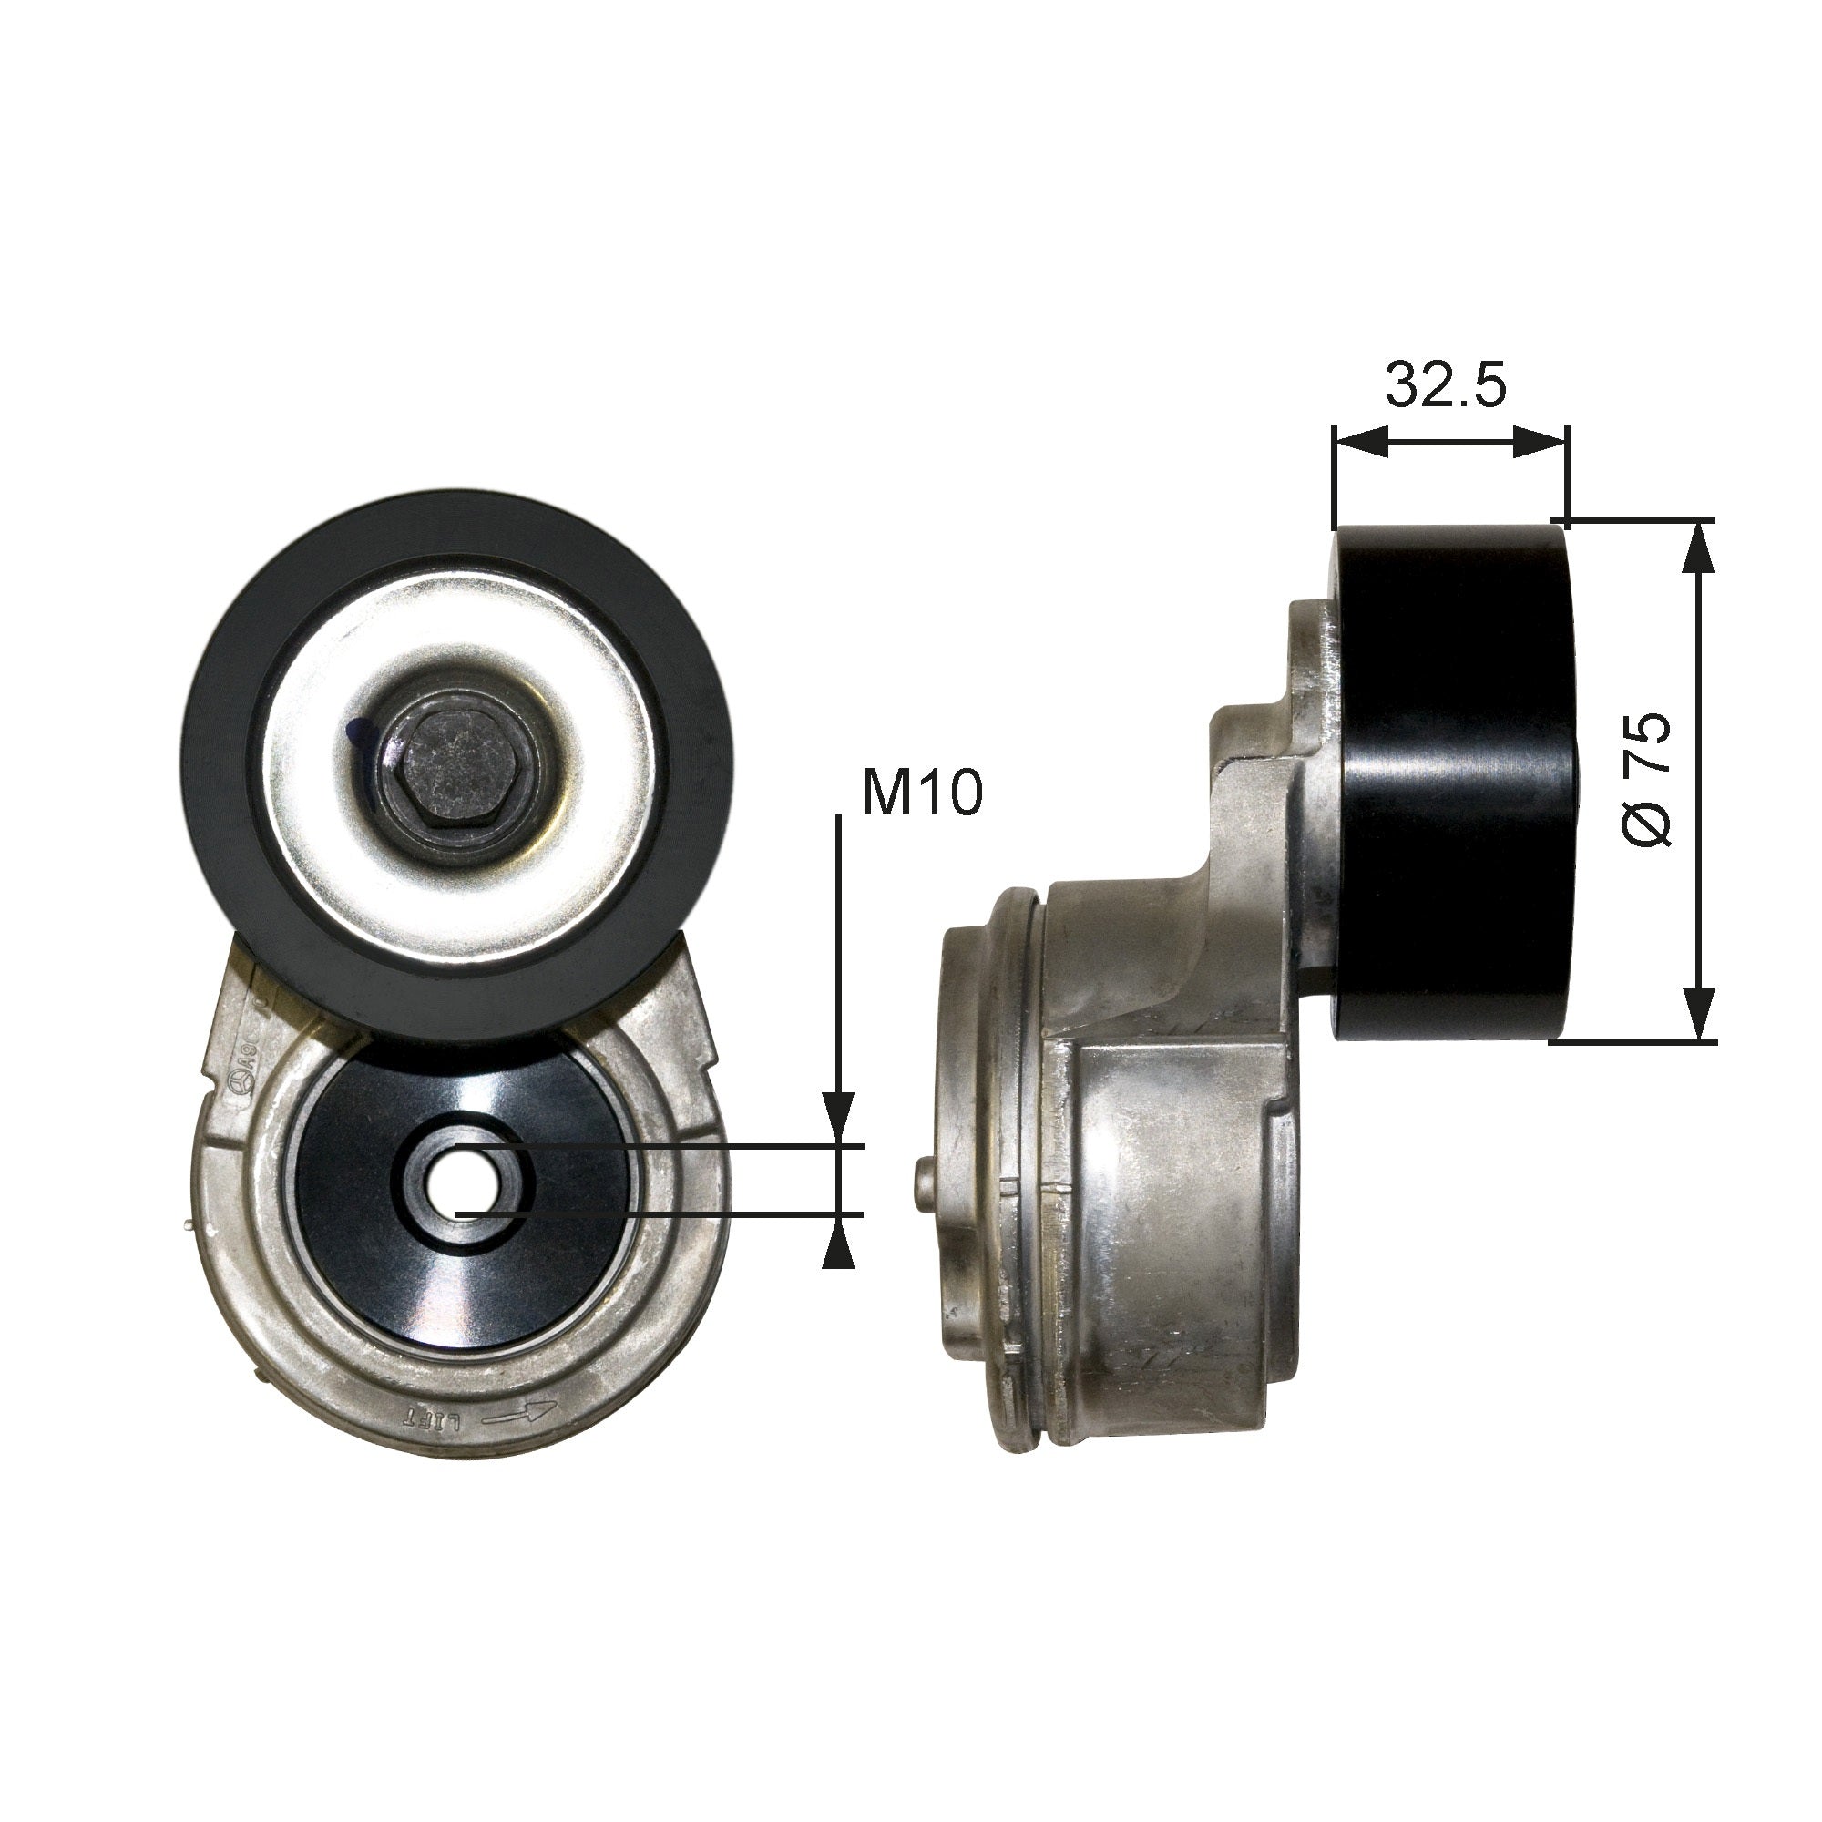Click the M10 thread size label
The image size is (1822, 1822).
[921, 794]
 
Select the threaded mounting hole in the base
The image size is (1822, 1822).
[456, 1179]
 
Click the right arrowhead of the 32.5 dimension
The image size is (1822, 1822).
[1540, 440]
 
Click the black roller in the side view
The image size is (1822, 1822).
[1452, 783]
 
